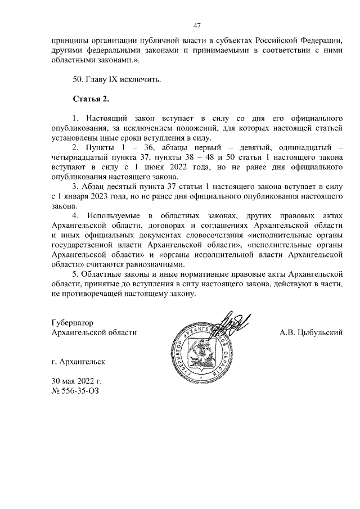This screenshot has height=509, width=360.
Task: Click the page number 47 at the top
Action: (x=197, y=25)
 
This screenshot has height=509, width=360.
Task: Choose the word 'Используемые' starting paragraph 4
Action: (x=114, y=215)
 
